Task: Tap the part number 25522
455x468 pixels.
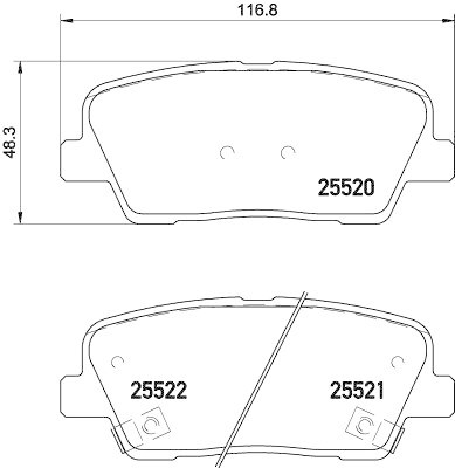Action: pos(158,390)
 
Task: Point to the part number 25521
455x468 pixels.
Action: pos(357,390)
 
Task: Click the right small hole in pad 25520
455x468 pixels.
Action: pos(287,153)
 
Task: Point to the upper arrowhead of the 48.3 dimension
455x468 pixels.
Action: pos(22,66)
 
